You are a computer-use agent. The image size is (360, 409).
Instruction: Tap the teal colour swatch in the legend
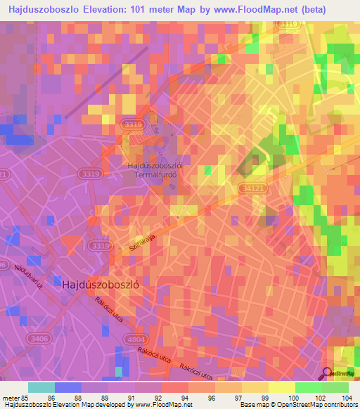pyautogui.click(x=41, y=387)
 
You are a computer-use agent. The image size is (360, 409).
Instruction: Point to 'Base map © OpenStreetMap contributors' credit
pyautogui.click(x=297, y=405)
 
